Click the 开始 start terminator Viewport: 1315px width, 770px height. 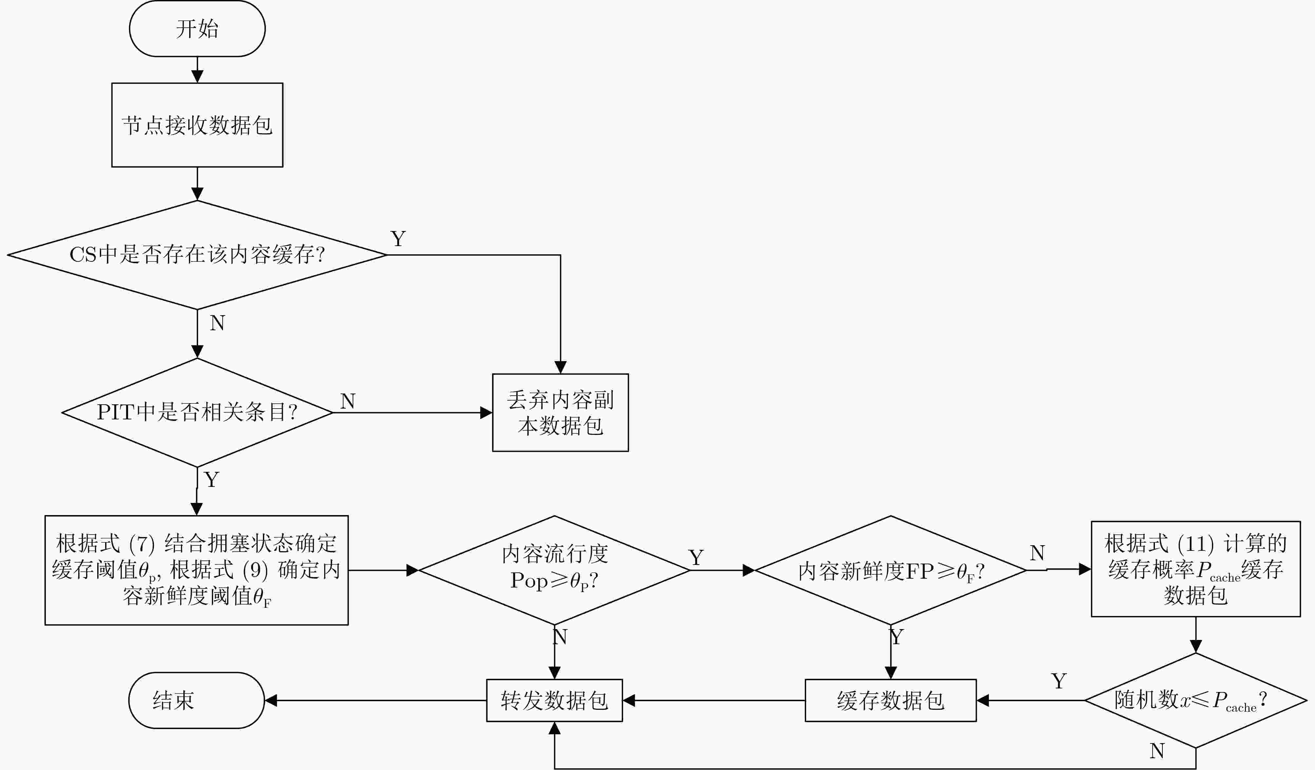tap(197, 29)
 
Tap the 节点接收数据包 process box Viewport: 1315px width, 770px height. tap(197, 125)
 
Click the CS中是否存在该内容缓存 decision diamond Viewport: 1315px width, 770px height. tap(197, 255)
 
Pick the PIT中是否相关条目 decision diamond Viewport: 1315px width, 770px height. tap(197, 413)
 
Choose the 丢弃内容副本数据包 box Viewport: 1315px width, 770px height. tap(561, 413)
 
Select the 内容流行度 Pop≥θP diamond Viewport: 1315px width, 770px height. tap(554, 570)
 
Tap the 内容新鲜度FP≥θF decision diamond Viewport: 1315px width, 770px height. tap(890, 570)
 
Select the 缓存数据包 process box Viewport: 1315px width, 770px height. tap(890, 700)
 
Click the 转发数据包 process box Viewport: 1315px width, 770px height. tap(554, 700)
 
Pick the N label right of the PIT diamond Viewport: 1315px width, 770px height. tap(347, 401)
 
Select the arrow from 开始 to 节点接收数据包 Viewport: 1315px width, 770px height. tap(197, 70)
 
